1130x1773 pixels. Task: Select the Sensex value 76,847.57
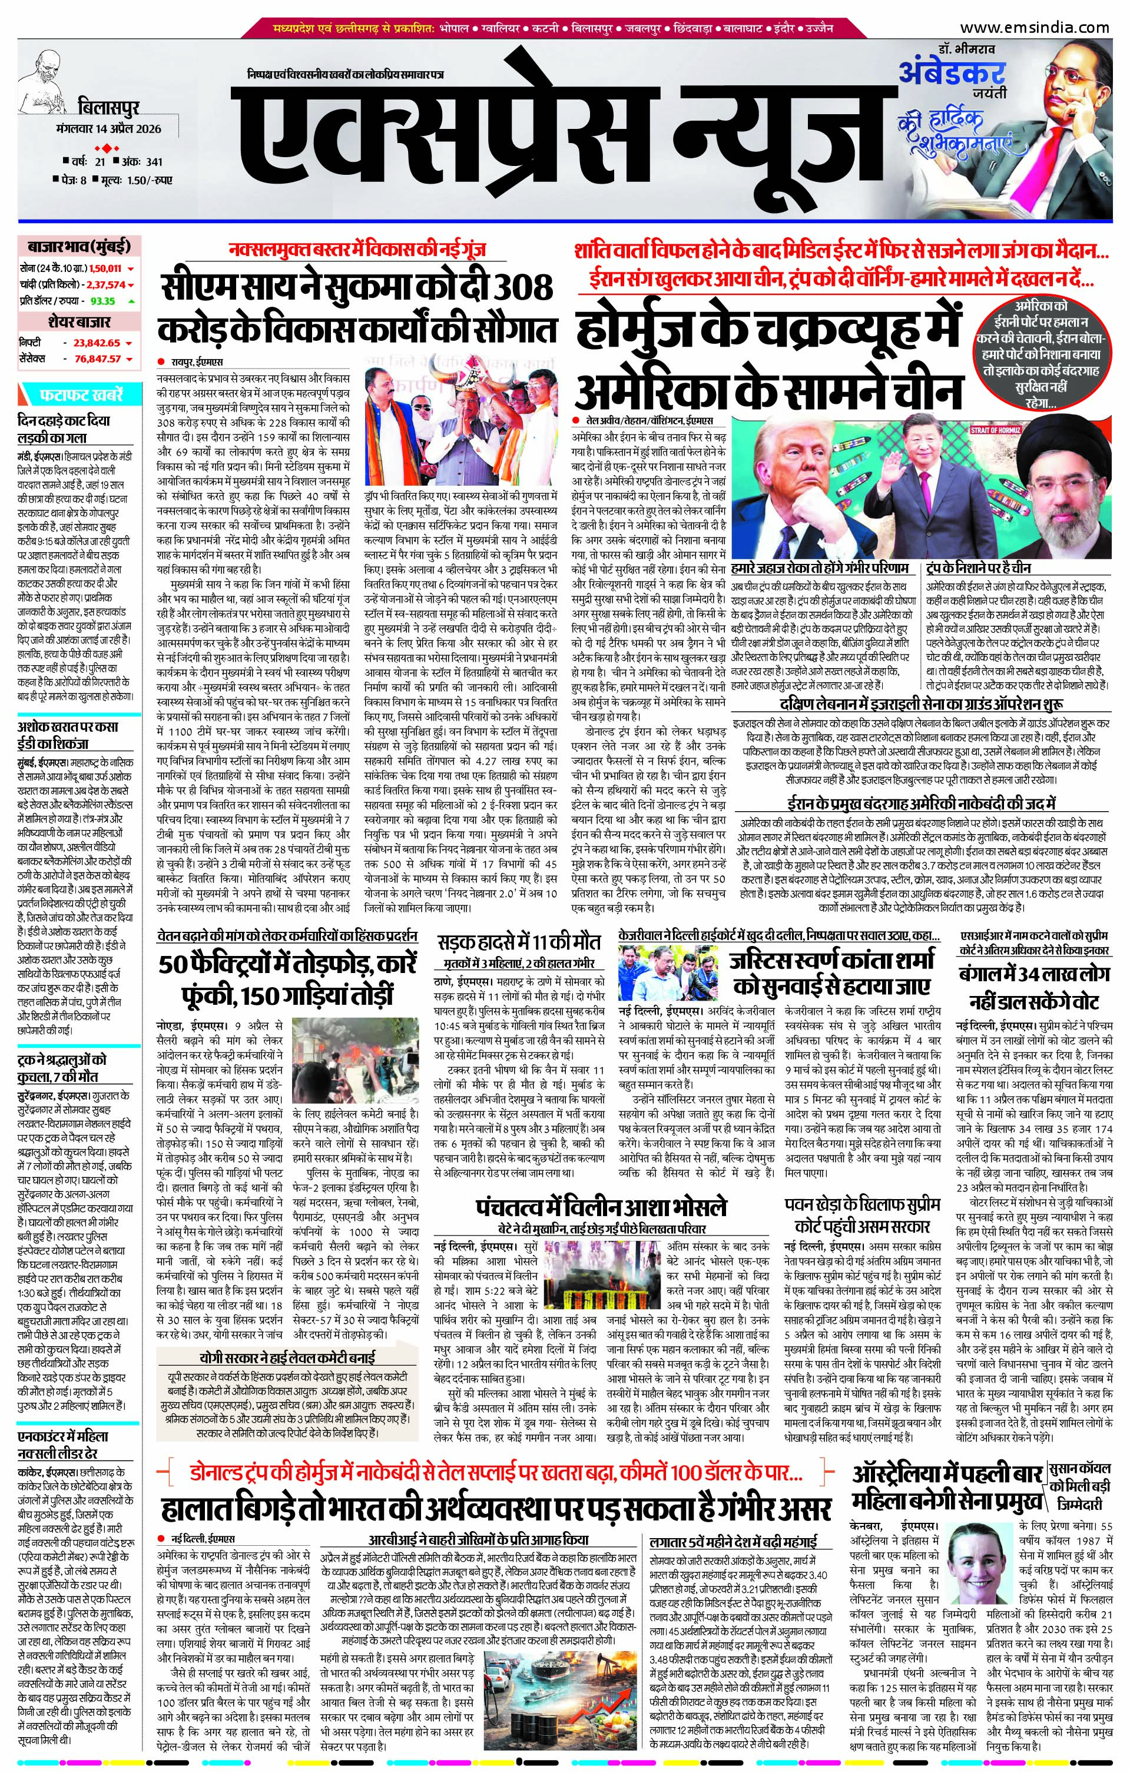(98, 358)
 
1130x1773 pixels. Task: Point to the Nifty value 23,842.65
(97, 343)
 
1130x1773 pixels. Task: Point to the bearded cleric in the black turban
(1057, 479)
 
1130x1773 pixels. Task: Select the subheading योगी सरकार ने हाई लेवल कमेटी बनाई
(287, 1357)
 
